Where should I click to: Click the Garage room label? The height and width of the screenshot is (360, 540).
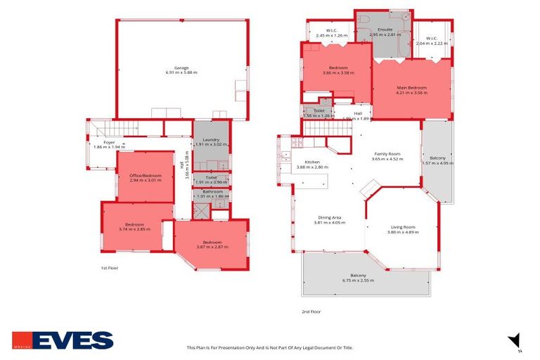(x=181, y=67)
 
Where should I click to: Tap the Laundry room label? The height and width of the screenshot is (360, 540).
(x=212, y=140)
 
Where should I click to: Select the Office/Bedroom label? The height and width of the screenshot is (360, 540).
(x=146, y=175)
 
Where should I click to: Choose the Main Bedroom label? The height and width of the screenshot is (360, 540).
(x=412, y=88)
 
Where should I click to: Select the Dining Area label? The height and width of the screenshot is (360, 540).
(x=330, y=218)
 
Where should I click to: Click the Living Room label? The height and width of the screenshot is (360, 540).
(x=403, y=226)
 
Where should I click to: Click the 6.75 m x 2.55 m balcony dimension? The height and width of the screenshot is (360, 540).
(x=358, y=281)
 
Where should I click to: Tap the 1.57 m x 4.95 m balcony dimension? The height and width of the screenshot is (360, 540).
(x=438, y=163)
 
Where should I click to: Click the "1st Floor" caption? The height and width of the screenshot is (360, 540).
(x=109, y=268)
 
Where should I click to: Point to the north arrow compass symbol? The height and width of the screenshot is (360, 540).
(x=515, y=340)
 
